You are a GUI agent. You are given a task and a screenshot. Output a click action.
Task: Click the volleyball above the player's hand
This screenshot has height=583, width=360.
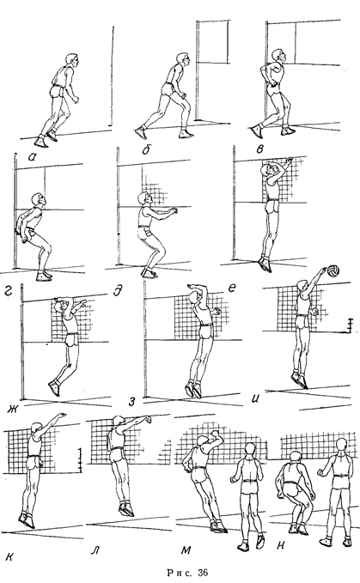click(333, 270)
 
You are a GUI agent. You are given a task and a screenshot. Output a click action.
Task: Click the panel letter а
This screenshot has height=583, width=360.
click(33, 157)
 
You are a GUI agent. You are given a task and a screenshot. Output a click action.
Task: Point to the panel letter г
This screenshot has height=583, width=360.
click(9, 290)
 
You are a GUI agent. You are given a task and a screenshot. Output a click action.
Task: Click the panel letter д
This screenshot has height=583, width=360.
click(118, 290)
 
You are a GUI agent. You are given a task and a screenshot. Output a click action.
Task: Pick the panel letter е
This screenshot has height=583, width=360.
click(231, 288)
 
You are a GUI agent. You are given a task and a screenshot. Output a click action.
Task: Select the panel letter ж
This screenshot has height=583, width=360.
click(12, 410)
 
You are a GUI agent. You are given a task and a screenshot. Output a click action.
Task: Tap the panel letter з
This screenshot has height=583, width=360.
click(131, 402)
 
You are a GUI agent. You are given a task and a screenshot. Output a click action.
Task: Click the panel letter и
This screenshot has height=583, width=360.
click(255, 398)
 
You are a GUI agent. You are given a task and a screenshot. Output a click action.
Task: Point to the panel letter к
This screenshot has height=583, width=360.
click(10, 556)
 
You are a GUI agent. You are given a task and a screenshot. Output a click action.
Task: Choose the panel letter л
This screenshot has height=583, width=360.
click(95, 550)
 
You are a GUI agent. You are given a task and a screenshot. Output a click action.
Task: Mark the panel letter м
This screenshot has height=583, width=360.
click(186, 550)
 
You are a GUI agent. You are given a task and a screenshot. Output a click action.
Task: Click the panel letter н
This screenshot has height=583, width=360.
click(281, 545)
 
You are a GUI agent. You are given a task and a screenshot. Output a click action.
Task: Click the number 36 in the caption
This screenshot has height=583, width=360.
click(203, 572)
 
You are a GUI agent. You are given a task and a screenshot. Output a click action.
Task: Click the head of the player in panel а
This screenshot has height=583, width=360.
click(72, 61)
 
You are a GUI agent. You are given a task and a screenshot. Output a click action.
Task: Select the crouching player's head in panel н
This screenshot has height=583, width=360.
click(295, 459)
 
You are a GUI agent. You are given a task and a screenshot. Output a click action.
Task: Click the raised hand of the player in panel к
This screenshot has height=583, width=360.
click(61, 415)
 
